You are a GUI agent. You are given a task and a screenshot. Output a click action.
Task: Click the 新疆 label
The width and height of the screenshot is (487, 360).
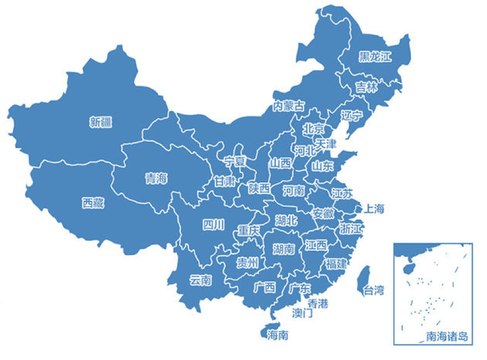pos(101,122)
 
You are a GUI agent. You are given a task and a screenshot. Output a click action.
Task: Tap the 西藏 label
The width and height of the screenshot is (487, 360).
pos(93,203)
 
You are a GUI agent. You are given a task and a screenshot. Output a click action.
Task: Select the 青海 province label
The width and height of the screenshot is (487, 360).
pos(156,179)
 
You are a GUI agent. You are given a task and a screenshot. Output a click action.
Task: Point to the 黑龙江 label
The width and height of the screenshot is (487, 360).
pos(375,57)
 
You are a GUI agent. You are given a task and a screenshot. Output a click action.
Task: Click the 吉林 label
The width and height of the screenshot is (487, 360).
pos(366,87)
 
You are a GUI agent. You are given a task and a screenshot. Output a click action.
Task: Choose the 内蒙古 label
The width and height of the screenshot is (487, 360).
pos(288,106)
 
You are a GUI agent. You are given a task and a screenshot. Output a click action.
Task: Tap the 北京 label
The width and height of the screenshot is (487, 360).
pos(314,129)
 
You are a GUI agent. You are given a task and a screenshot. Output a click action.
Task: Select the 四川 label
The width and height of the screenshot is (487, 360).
pos(214,225)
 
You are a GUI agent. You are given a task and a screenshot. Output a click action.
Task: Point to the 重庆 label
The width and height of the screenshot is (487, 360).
pos(248,230)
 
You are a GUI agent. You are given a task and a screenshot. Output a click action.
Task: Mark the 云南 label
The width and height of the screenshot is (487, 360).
pos(200,280)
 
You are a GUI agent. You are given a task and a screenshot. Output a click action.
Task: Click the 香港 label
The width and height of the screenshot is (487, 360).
pos(318,303)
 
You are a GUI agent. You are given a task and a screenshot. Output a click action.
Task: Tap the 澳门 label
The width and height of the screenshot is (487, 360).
pos(302,314)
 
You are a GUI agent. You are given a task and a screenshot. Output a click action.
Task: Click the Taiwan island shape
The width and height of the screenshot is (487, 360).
pos(364,276)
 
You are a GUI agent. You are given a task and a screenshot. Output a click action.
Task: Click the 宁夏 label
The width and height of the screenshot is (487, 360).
pos(235,161)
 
